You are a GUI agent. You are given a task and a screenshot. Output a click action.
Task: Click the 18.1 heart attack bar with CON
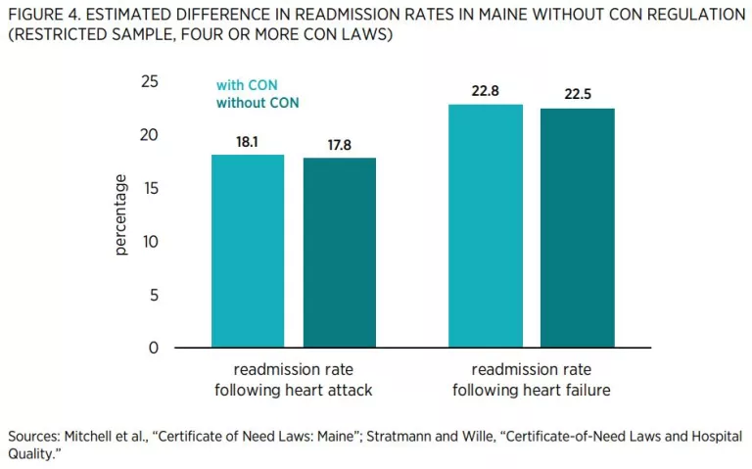pyautogui.click(x=248, y=252)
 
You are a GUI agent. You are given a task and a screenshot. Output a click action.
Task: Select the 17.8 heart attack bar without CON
pyautogui.click(x=340, y=253)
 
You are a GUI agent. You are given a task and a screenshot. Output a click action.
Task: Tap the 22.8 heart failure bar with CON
pyautogui.click(x=485, y=226)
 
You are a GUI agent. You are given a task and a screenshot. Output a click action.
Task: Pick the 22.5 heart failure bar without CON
pyautogui.click(x=576, y=228)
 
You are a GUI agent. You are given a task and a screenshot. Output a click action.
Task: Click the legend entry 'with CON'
pyautogui.click(x=246, y=84)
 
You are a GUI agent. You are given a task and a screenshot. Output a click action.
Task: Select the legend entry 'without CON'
pyautogui.click(x=258, y=103)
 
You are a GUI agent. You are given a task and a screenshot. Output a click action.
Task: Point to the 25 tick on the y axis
pyautogui.click(x=150, y=82)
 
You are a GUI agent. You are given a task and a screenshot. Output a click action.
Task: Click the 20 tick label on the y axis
pyautogui.click(x=150, y=135)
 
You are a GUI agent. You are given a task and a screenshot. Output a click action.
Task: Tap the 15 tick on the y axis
pyautogui.click(x=150, y=188)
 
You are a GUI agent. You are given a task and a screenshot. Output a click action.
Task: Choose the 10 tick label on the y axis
pyautogui.click(x=150, y=241)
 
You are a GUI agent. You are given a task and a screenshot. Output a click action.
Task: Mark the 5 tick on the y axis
pyautogui.click(x=154, y=295)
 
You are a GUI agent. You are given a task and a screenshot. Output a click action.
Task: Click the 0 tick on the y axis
pyautogui.click(x=154, y=348)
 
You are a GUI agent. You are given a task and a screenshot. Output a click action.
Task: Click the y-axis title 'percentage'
pyautogui.click(x=121, y=214)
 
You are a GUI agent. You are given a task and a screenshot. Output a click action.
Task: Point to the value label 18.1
pyautogui.click(x=248, y=142)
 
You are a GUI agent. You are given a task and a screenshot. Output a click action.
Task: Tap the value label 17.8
pyautogui.click(x=340, y=145)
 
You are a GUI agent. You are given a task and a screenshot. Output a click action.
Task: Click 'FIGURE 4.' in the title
pyautogui.click(x=40, y=15)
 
